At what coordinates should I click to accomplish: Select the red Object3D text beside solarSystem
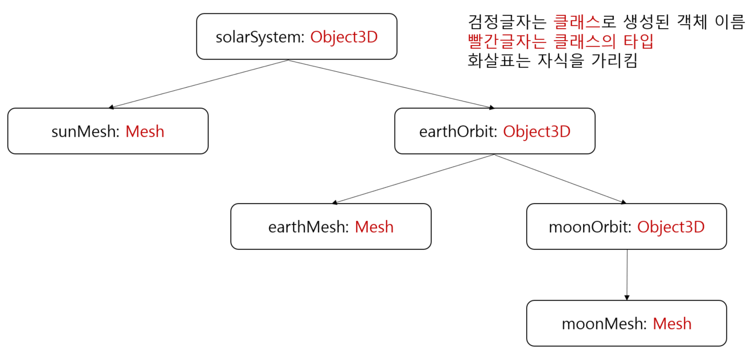tap(344, 37)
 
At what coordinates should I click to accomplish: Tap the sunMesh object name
tap(85, 131)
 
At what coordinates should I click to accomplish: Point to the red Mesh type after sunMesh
tap(145, 131)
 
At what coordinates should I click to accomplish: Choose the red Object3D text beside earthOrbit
tap(537, 131)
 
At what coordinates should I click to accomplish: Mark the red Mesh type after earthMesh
tap(374, 227)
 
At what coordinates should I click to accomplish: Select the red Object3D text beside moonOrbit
tap(671, 227)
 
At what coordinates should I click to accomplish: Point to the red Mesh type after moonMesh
tap(672, 324)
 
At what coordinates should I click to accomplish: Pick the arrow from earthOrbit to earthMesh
tap(413, 179)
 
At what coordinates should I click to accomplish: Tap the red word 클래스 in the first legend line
tap(577, 23)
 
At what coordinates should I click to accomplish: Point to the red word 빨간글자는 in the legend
tap(500, 42)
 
